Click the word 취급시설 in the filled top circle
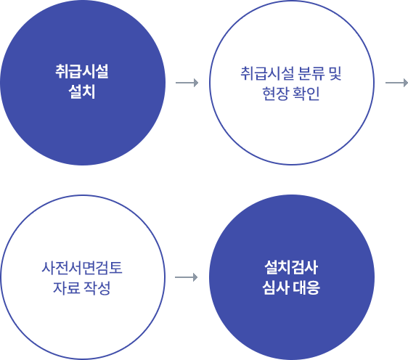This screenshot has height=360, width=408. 82,71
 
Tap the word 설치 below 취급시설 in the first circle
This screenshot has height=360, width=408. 82,91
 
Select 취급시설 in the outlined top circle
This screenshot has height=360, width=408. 267,73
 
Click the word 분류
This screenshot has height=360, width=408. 311,73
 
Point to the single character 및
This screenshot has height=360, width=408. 335,73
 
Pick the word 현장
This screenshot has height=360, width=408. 276,94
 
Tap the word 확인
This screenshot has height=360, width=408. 306,94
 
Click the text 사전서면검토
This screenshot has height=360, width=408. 82,268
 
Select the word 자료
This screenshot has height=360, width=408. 66,288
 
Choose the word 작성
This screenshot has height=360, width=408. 97,288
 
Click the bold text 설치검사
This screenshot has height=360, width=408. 291,267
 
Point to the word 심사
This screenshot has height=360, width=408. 276,287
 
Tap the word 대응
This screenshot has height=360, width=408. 306,287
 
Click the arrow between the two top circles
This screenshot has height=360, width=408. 187,83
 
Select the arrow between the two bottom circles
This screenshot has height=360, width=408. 187,277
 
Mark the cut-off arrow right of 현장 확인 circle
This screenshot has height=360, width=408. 396,83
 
